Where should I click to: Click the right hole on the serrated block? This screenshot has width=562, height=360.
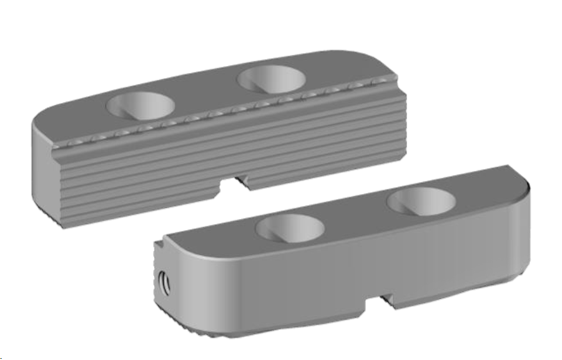(x=272, y=79)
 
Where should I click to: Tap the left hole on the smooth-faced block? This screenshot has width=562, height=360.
(x=290, y=228)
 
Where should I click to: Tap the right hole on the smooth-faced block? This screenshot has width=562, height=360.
(x=421, y=202)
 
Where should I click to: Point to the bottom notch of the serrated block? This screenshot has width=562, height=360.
(x=235, y=183)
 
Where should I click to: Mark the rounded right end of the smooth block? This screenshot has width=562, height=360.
(x=522, y=225)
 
